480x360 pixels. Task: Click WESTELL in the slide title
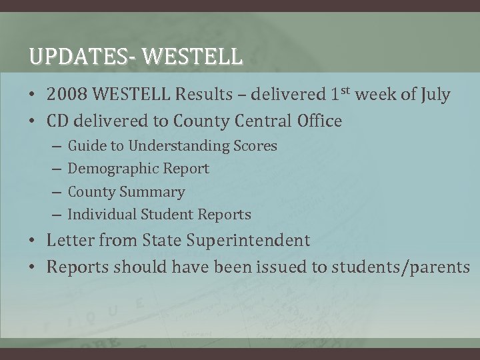click(193, 57)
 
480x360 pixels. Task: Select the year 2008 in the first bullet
click(65, 95)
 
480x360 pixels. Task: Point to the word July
click(435, 95)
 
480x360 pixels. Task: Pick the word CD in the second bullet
click(58, 121)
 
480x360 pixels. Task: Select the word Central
click(255, 121)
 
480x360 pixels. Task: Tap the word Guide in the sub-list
click(85, 146)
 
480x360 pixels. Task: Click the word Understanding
click(177, 146)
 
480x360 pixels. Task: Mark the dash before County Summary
click(55, 192)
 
